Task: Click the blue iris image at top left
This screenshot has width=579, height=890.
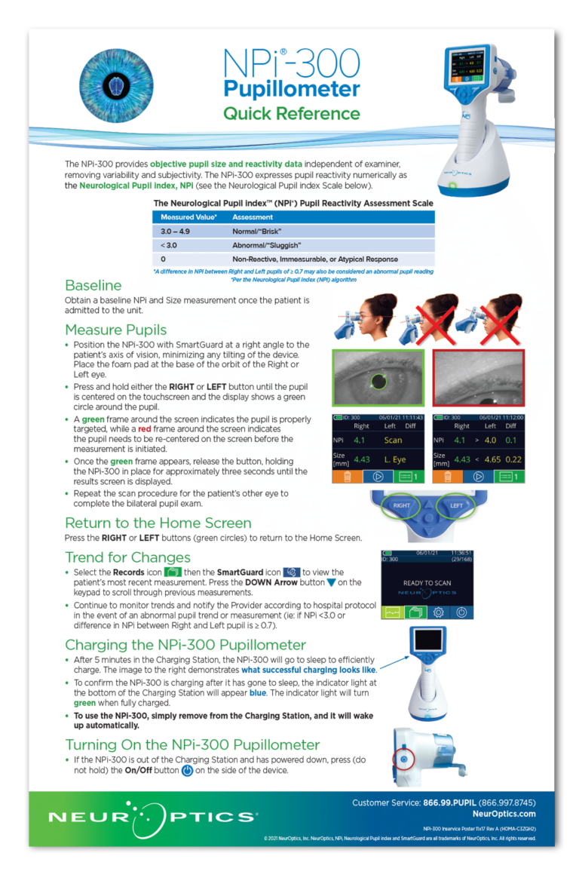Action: (x=116, y=86)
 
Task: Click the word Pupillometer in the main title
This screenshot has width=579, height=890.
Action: (x=292, y=89)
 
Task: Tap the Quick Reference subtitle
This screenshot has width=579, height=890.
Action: (x=292, y=114)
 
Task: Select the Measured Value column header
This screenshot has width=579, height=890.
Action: (x=189, y=217)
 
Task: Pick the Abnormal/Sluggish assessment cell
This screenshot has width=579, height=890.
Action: (x=267, y=245)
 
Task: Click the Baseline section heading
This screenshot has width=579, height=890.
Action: (x=93, y=285)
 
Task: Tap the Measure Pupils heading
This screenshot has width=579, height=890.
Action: (x=115, y=330)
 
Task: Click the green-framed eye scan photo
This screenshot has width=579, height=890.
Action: (x=378, y=378)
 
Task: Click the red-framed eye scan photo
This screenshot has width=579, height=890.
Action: (x=478, y=378)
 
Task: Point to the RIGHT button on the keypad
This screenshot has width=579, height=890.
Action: (x=402, y=506)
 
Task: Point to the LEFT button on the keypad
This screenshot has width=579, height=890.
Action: (x=456, y=506)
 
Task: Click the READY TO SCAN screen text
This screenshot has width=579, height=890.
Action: (x=427, y=583)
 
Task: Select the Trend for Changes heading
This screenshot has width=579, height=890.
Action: (x=127, y=557)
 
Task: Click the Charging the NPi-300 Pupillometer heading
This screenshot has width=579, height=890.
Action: (x=185, y=645)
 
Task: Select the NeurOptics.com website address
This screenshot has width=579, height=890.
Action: (x=504, y=814)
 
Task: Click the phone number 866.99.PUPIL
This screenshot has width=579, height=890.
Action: (x=441, y=803)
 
